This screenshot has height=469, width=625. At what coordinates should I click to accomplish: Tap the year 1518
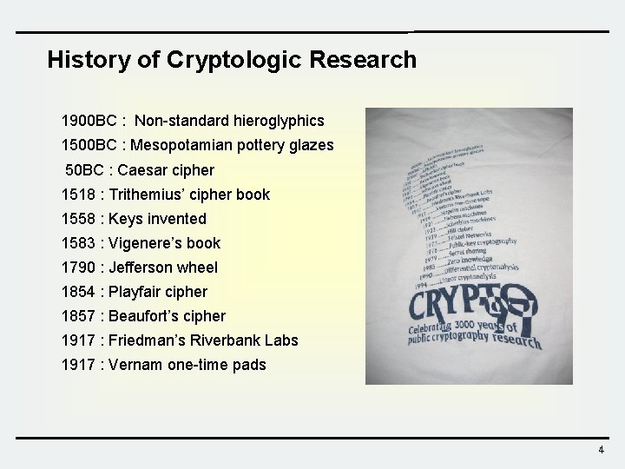click(x=79, y=195)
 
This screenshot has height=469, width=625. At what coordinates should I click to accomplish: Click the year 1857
click(x=79, y=316)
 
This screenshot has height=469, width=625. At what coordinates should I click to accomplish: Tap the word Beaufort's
click(x=145, y=316)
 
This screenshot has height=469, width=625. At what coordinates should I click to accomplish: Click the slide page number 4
click(x=600, y=450)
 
